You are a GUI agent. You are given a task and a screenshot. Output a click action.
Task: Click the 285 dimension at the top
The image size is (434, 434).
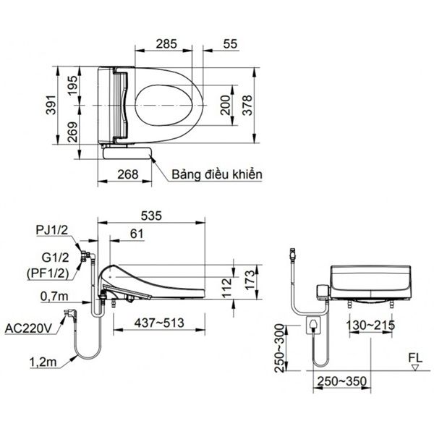tap(167, 44)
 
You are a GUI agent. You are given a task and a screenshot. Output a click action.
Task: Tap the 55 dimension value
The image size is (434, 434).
tap(230, 44)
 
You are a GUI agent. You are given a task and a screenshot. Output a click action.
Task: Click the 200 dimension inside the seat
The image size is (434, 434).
tap(226, 107)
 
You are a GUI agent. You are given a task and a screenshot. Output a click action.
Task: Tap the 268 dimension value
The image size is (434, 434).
tap(127, 173)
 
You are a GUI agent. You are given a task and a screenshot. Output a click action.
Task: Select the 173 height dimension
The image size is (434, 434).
tap(250, 279)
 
